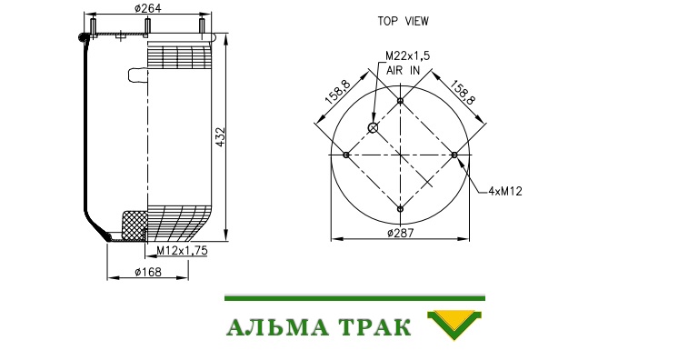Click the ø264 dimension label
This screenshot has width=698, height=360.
(147, 8)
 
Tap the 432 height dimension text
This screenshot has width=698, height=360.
(220, 138)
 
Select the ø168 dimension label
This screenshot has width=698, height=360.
(148, 271)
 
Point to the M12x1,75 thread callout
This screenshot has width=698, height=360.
(182, 251)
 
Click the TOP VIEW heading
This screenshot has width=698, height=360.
(404, 22)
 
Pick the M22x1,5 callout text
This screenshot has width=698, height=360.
(408, 55)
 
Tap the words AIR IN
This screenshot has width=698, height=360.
(403, 70)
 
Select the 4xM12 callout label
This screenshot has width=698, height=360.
(504, 191)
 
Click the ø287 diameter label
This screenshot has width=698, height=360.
(400, 233)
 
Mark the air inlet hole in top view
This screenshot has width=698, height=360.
(373, 128)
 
